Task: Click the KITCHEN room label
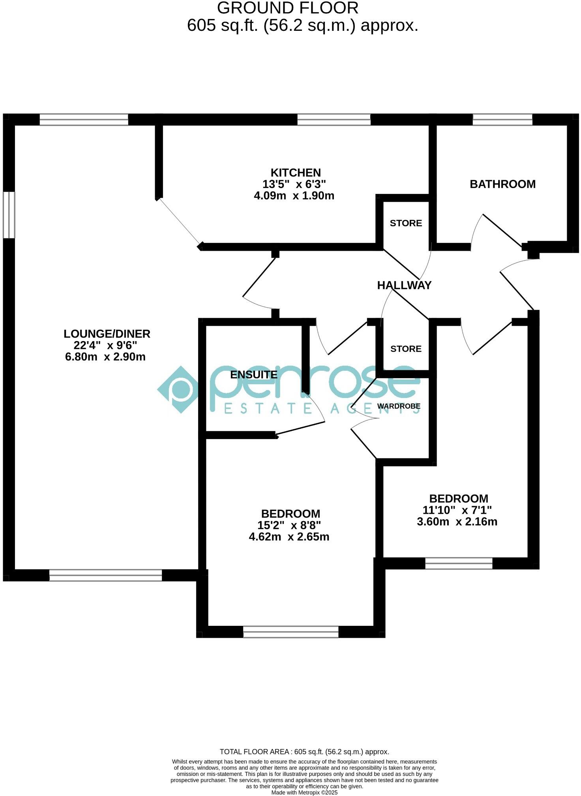click(296, 173)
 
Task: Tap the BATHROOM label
click(502, 184)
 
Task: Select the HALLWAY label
click(404, 285)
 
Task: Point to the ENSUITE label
click(254, 375)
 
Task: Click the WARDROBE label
click(399, 406)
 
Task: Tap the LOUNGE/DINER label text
click(107, 334)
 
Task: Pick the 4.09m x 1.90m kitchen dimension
click(294, 195)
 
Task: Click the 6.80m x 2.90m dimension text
click(105, 357)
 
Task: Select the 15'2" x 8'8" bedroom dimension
click(289, 525)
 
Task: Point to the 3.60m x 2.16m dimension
click(457, 522)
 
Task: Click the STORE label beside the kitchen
click(406, 223)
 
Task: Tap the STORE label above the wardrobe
click(406, 349)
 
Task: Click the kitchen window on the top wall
click(334, 120)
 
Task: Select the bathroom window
click(502, 120)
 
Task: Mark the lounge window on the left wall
click(9, 215)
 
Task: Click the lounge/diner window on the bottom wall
click(105, 575)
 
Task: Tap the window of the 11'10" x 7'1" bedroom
click(459, 563)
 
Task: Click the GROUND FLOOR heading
click(288, 8)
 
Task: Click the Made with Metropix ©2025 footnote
click(304, 792)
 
